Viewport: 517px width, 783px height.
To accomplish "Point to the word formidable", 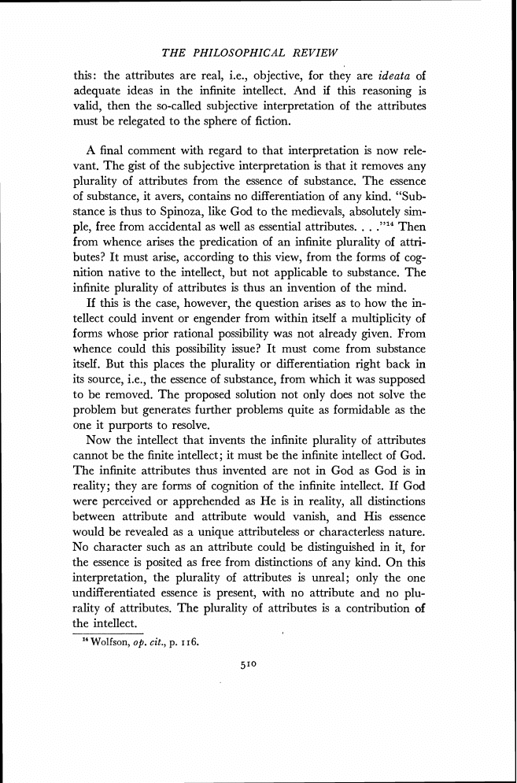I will click(x=351, y=410).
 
